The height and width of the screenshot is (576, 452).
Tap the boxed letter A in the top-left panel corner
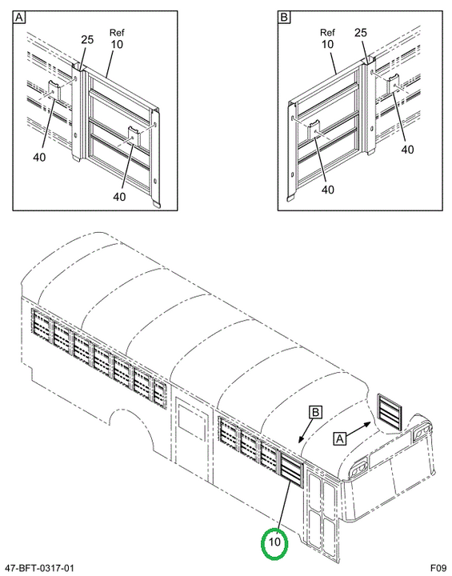(x=19, y=18)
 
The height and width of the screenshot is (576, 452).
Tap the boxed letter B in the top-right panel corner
(x=284, y=18)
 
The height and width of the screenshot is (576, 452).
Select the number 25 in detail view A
(x=87, y=39)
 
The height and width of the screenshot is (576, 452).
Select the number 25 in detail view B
(x=361, y=33)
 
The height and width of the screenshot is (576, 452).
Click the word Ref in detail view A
(x=117, y=33)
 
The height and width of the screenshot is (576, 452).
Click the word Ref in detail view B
(x=327, y=33)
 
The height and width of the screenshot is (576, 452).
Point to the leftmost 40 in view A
(x=39, y=158)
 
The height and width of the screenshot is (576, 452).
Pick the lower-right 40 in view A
(x=119, y=197)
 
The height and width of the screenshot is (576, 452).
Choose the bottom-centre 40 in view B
(x=328, y=190)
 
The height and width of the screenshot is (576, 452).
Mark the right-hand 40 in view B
(x=407, y=150)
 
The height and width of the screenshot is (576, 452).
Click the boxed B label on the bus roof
(x=316, y=412)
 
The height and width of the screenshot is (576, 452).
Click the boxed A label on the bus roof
(x=340, y=438)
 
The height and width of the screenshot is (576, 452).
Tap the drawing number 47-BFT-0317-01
(x=38, y=568)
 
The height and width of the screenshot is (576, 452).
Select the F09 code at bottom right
(x=438, y=568)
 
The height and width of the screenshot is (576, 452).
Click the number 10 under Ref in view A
(x=117, y=45)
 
